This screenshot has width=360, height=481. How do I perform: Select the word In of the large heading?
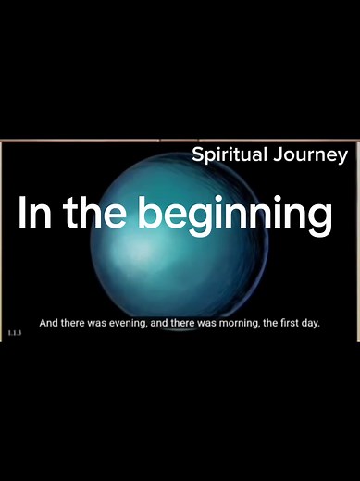[x=34, y=214]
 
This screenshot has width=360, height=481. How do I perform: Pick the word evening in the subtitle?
[x=125, y=324]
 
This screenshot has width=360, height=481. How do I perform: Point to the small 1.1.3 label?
[x=14, y=331]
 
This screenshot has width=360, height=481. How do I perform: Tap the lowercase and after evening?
[x=157, y=324]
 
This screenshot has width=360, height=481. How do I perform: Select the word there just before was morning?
[x=183, y=324]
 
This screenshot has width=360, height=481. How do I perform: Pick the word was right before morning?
[x=206, y=324]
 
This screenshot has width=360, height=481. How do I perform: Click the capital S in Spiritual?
[x=197, y=154]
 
